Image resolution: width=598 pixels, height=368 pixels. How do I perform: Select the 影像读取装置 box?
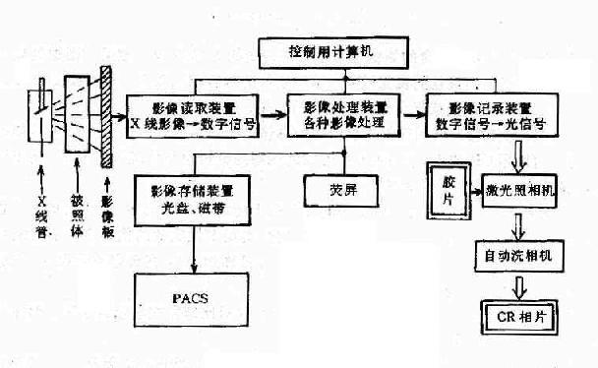187,116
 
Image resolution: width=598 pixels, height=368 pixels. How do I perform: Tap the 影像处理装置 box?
344,116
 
